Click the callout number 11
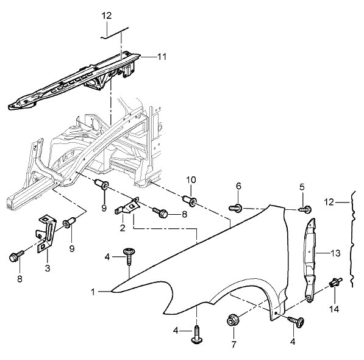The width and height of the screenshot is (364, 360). click(x=162, y=56)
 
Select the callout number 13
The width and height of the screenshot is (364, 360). click(x=335, y=253)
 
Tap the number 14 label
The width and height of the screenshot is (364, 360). click(x=334, y=309)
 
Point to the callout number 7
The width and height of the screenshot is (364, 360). click(x=234, y=345)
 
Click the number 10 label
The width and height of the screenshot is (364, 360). click(x=191, y=180)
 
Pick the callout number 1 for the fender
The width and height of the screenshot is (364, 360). click(x=93, y=292)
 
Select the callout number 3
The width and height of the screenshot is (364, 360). click(x=48, y=268)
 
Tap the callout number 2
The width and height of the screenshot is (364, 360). click(x=123, y=228)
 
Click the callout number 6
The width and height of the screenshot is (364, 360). click(x=238, y=186)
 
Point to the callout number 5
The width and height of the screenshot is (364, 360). click(x=302, y=187)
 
